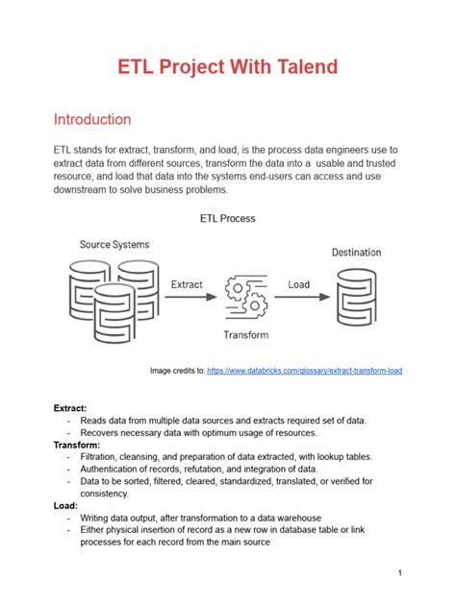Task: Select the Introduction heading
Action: click(x=92, y=120)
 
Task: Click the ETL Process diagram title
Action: click(x=227, y=218)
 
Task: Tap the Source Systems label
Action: click(x=114, y=245)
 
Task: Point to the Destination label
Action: click(x=356, y=253)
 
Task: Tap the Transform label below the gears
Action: click(x=246, y=335)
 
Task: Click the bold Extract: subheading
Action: click(x=70, y=408)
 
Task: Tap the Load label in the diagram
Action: click(x=299, y=284)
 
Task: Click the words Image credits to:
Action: click(x=177, y=371)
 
